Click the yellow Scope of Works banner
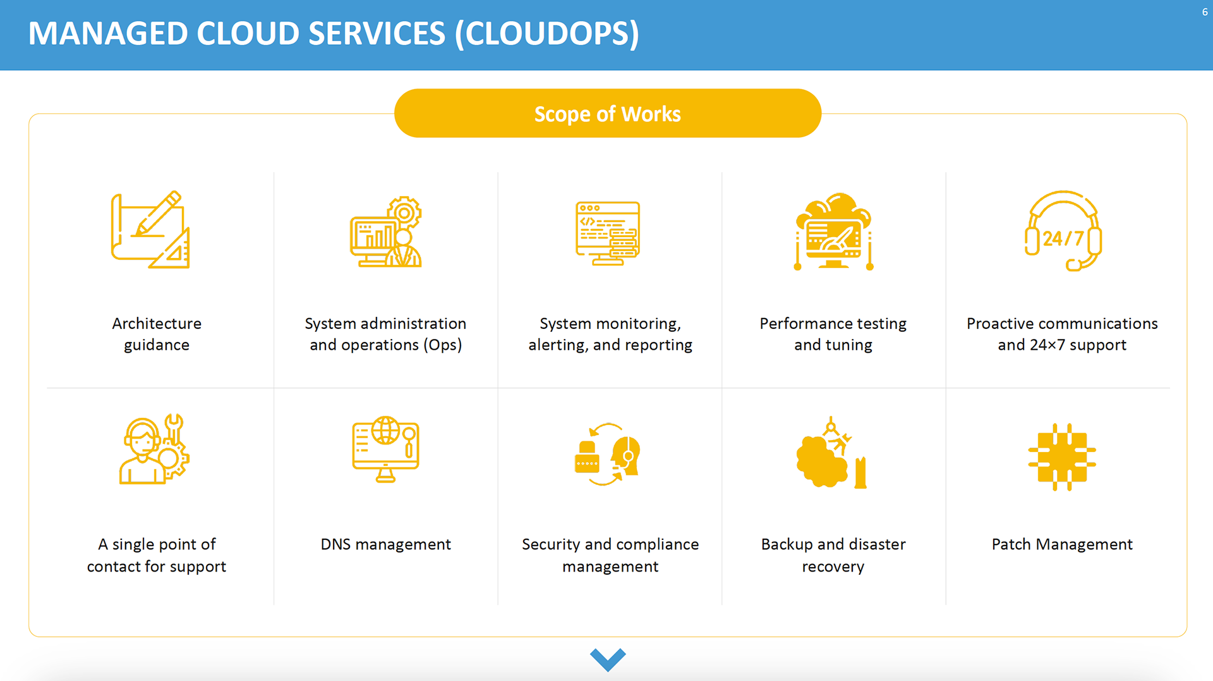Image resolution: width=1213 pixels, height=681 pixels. point(607,114)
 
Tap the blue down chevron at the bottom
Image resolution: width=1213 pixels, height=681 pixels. point(608,659)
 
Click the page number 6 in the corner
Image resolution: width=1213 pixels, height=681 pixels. point(1204,12)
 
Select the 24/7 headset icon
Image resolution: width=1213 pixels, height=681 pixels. point(1063,231)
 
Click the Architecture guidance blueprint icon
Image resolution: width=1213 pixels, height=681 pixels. point(151,230)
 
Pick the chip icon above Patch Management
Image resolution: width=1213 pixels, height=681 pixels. point(1062,457)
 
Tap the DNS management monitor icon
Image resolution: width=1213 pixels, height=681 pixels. point(385,450)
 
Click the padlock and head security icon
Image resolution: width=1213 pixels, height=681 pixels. point(607,454)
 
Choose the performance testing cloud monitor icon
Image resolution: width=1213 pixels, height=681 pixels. point(833,231)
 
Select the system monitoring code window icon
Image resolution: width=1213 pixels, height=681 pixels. point(608,233)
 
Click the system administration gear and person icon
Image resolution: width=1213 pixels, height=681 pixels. point(386,232)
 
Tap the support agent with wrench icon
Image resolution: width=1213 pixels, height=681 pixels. point(154,450)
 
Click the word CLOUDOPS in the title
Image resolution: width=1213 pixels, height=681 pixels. point(547,34)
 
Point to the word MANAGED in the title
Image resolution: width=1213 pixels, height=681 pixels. point(108,34)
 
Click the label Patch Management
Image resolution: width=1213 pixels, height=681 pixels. point(1062,544)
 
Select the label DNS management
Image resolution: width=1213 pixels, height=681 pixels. point(385,544)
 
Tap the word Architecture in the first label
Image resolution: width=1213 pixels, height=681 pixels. point(157,324)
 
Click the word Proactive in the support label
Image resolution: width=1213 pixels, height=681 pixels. point(1000,324)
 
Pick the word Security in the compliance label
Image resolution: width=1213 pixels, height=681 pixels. point(550,544)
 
